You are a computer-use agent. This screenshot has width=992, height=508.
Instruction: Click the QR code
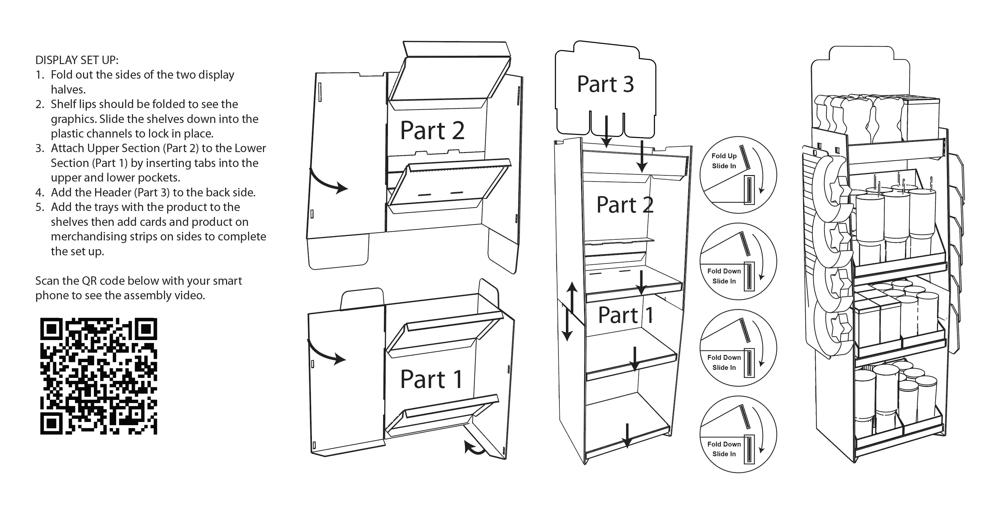coord(99,376)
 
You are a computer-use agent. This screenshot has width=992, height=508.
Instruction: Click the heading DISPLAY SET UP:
coord(77,60)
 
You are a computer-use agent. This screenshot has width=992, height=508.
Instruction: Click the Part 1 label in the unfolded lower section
coord(431,379)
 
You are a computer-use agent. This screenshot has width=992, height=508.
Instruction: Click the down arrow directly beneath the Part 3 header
coord(607,131)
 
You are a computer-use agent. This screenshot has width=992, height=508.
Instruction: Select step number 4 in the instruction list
coord(40,193)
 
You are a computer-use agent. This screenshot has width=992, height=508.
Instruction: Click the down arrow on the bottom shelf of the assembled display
coord(627,436)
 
